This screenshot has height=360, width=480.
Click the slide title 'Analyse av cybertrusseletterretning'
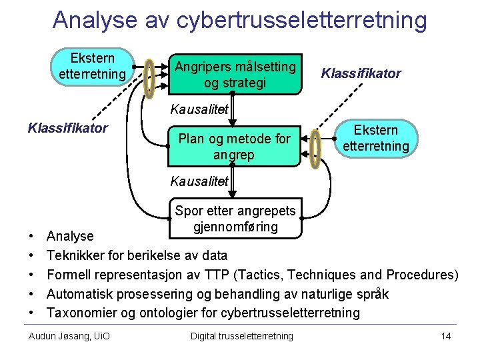(239, 20)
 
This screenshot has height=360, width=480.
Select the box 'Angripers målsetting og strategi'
(235, 74)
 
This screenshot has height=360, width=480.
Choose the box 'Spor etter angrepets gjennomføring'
(235, 218)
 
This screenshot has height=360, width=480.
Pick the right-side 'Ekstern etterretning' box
(376, 138)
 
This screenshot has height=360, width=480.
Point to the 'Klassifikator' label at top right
(361, 73)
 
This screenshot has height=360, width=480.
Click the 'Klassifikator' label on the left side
(67, 127)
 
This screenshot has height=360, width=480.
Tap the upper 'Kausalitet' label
(199, 109)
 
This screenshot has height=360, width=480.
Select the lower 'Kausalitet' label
(199, 181)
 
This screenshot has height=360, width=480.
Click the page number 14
(446, 336)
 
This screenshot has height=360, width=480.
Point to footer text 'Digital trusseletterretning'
(241, 336)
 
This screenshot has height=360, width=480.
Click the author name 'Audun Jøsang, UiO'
(69, 336)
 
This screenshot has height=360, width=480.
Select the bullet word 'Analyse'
(70, 236)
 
